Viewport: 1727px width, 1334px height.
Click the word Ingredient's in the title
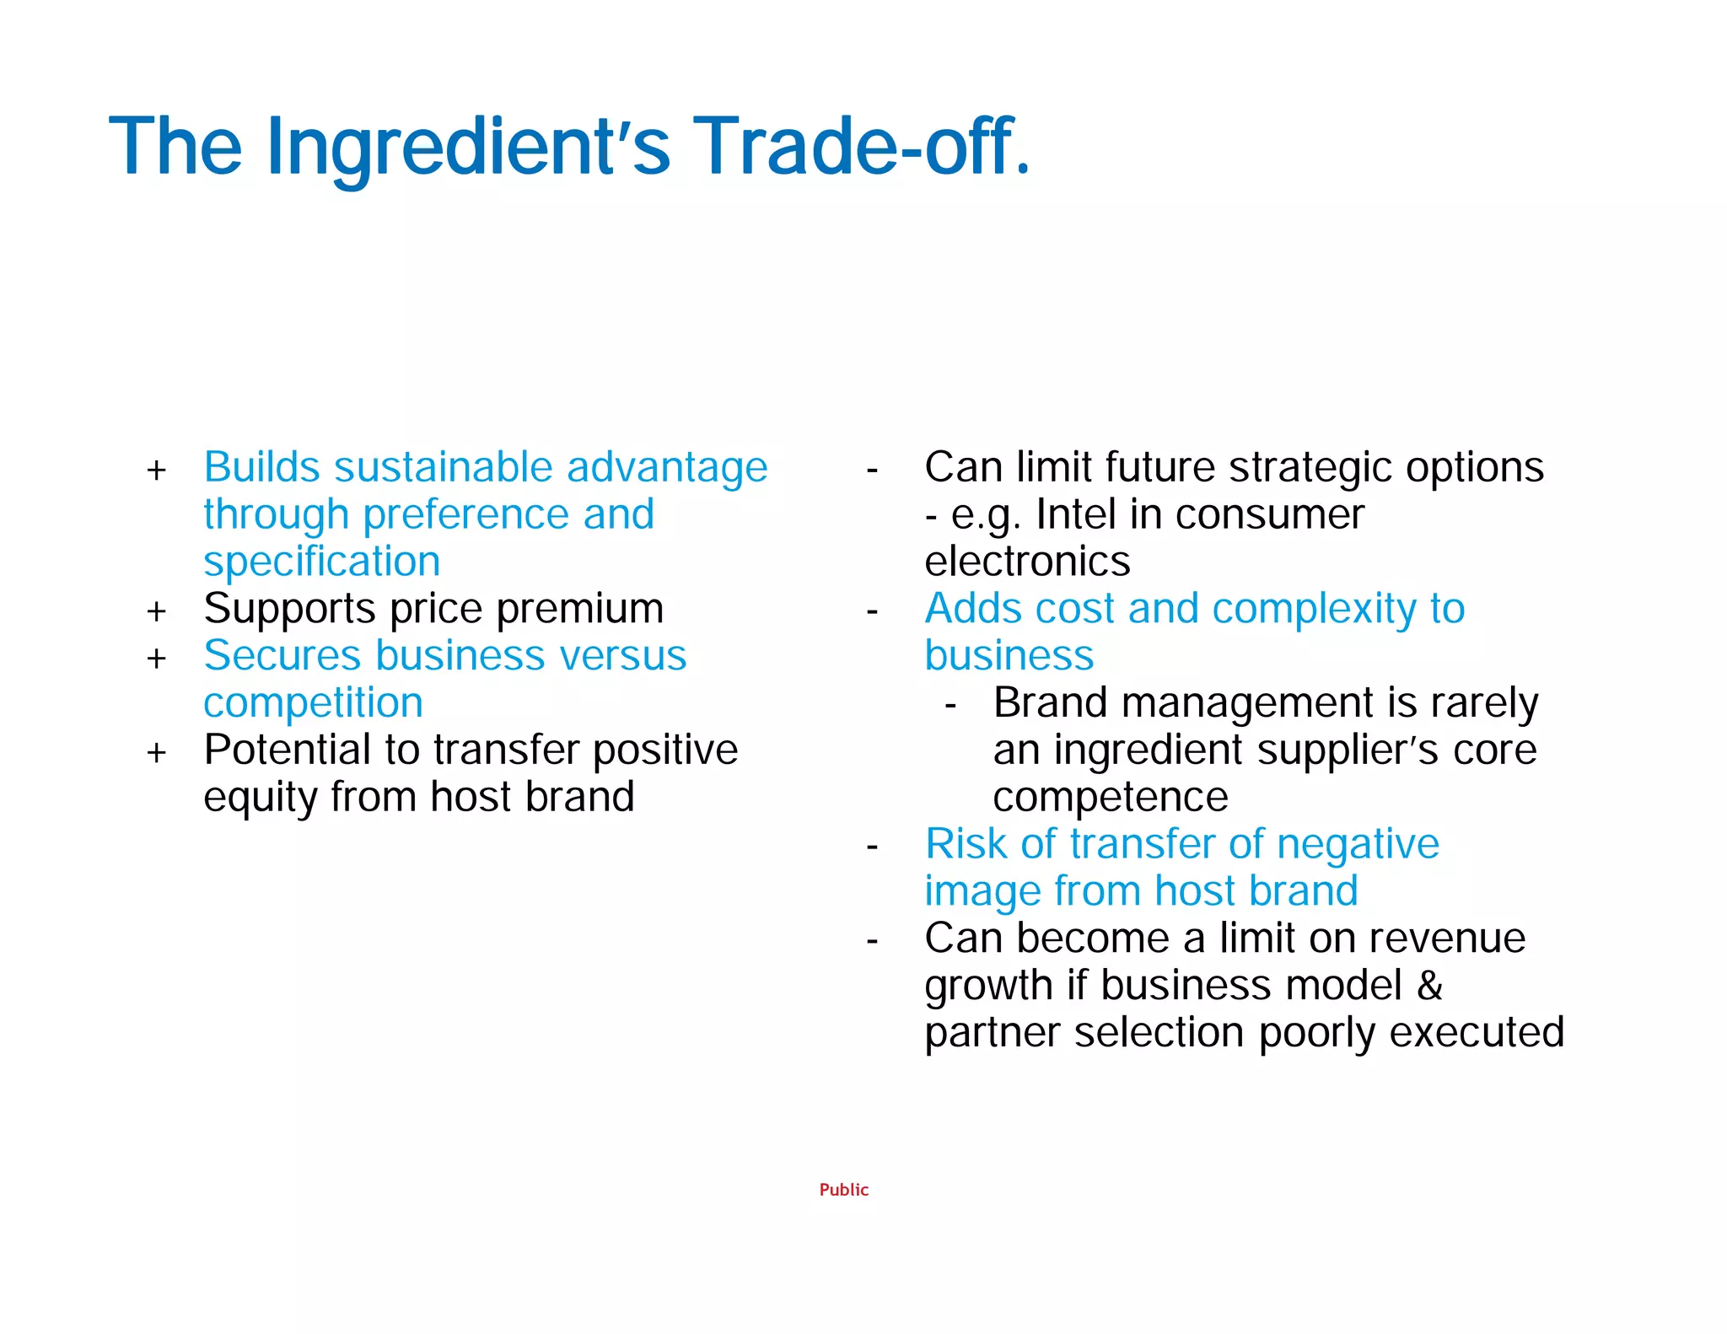pyautogui.click(x=468, y=148)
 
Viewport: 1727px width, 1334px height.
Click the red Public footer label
pyautogui.click(x=843, y=1190)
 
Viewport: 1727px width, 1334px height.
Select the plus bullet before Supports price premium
pyautogui.click(x=157, y=611)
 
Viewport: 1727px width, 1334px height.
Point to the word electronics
pyautogui.click(x=1026, y=562)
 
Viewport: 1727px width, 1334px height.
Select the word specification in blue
pyautogui.click(x=321, y=562)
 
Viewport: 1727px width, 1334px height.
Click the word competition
pyautogui.click(x=313, y=703)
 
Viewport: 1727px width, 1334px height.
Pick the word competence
pyautogui.click(x=1110, y=797)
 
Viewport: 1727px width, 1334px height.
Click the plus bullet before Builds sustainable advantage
pyautogui.click(x=157, y=471)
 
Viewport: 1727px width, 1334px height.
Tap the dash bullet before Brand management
pyautogui.click(x=950, y=705)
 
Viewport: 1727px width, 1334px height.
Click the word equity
pyautogui.click(x=260, y=798)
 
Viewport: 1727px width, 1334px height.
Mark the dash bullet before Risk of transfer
pyautogui.click(x=872, y=846)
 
